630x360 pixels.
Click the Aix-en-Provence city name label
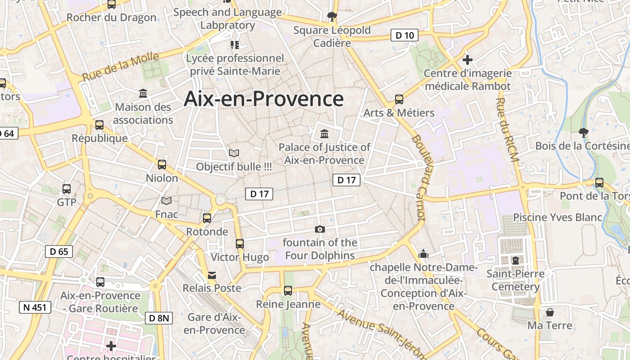coord(264,99)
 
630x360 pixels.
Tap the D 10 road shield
coord(404,35)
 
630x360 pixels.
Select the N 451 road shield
coord(35,308)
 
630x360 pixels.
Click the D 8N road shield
coord(159,318)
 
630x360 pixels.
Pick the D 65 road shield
coord(59,252)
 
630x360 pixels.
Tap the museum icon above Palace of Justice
coord(324,134)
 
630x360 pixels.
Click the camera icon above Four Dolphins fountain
coord(320,229)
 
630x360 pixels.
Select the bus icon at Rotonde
coord(207,218)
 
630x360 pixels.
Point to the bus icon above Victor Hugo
coord(240,244)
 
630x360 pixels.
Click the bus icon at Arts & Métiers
coord(399,99)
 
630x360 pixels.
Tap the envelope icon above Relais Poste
coord(211,275)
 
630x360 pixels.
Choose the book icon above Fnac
coord(166,201)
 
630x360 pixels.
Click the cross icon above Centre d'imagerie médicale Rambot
coord(468,59)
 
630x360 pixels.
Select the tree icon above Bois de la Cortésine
coord(584,133)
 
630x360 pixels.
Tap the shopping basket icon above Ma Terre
coord(550,312)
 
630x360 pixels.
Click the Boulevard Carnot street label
coord(418,178)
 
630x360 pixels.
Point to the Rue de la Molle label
coord(121,67)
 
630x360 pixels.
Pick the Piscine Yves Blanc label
coord(558,217)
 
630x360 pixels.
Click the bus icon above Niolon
coord(162,165)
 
